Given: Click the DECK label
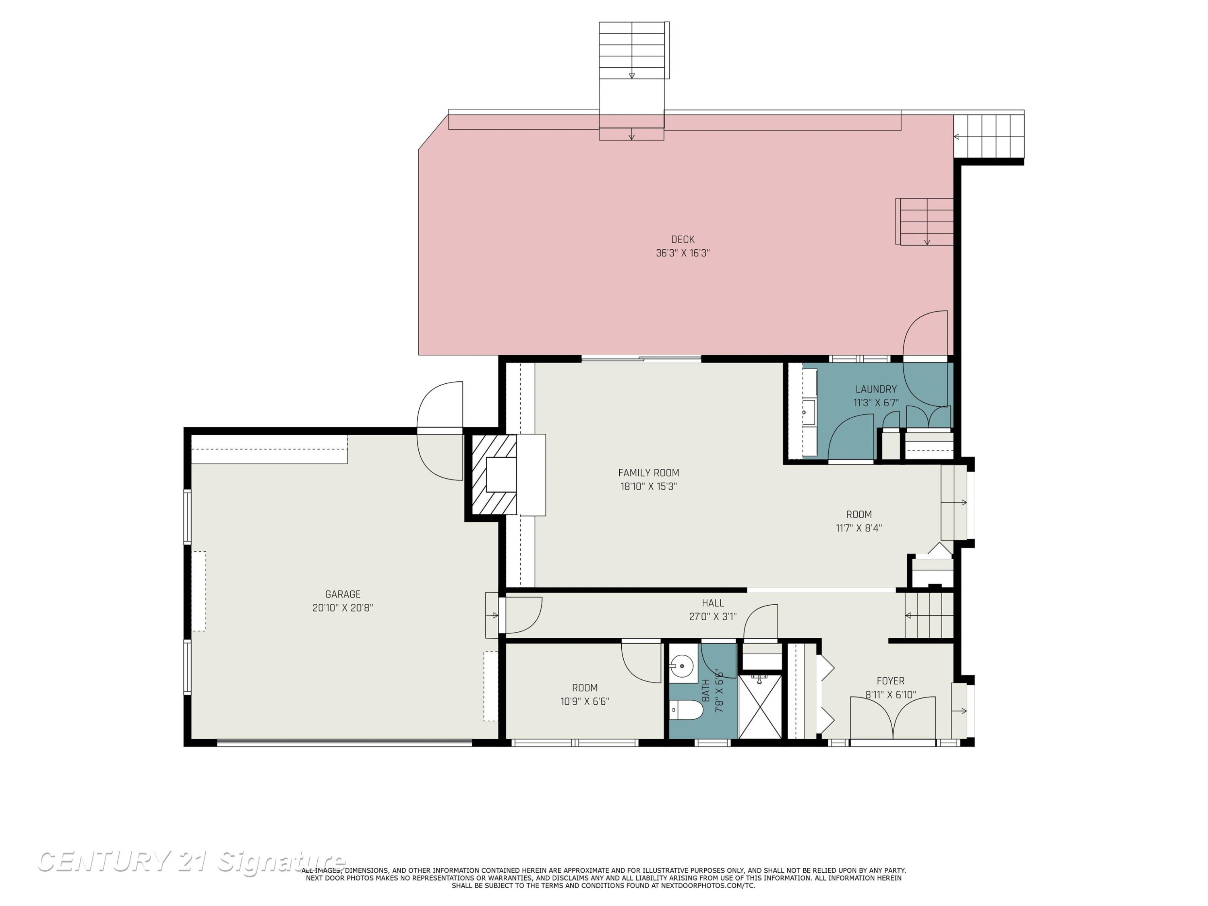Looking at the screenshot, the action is click(x=683, y=239).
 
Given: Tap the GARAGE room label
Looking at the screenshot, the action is click(x=343, y=594).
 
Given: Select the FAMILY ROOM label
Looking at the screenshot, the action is click(x=649, y=473).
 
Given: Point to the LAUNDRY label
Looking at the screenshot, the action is click(x=876, y=389).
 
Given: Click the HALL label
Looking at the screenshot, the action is click(x=713, y=603).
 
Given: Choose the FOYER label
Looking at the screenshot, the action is click(x=891, y=681).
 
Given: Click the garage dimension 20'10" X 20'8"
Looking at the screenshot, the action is click(x=343, y=608).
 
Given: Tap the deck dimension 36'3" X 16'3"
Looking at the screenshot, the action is click(x=683, y=253).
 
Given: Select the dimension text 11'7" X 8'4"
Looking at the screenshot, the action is click(x=859, y=528).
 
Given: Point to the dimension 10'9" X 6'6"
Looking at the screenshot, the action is click(x=585, y=701).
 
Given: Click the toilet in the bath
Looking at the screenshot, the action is click(x=687, y=710).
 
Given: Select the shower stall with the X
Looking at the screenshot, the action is click(x=760, y=707).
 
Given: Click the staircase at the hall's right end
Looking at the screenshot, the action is click(x=929, y=615).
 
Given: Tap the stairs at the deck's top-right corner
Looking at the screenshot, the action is click(x=989, y=136).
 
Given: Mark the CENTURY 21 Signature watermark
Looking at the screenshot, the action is click(x=191, y=863).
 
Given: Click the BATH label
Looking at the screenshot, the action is click(x=705, y=691).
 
